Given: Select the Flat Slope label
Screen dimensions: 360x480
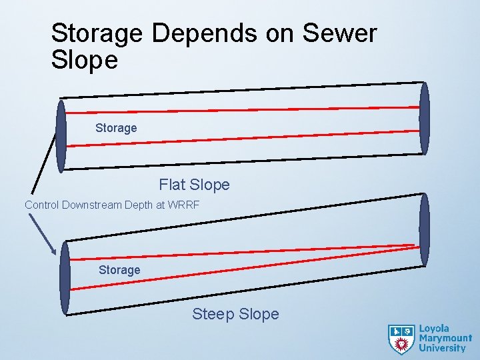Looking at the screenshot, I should pos(194,185).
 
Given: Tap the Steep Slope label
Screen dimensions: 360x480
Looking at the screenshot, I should pos(235,314).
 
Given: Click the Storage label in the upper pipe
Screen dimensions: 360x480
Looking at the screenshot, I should pos(116,127).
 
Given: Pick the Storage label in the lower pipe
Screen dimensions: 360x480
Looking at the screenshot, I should pos(119,270).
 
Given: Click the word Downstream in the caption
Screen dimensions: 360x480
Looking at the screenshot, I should pos(92,205).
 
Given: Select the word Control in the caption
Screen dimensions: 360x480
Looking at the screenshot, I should pos(41,205).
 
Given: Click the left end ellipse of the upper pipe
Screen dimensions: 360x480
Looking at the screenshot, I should pos(61,136).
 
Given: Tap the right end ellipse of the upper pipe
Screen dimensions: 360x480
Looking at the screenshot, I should pos(424,118).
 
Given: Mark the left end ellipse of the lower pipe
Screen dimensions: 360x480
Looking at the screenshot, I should pos(65,277).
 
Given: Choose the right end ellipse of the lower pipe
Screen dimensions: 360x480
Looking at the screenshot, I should pos(424,230).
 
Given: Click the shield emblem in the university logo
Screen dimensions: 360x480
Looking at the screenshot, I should pos(401,339).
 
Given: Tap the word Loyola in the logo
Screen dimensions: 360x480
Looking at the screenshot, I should pos(434,329).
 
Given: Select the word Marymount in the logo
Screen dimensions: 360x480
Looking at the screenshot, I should pos(445,338).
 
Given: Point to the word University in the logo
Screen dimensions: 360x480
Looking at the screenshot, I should pos(442,347).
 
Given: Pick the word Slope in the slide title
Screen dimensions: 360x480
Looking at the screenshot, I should pos(85,61).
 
